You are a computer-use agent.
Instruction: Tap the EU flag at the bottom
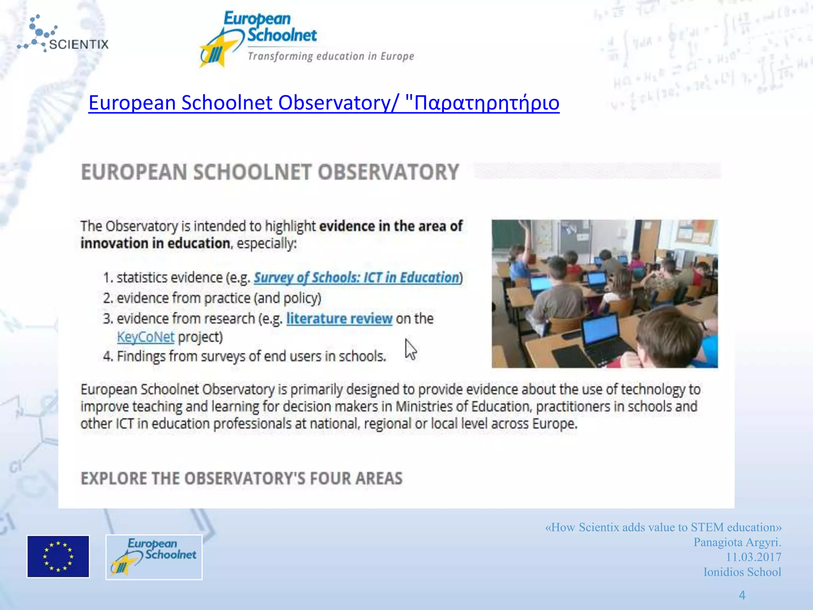click(58, 556)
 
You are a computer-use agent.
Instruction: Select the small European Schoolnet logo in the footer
click(154, 557)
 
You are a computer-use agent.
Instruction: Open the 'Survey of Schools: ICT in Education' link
click(356, 278)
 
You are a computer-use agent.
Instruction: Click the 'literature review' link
click(339, 319)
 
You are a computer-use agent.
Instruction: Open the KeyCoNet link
click(146, 337)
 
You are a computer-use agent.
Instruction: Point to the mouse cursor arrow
click(410, 350)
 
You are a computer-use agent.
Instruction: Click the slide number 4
click(742, 595)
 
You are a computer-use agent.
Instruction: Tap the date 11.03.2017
click(753, 557)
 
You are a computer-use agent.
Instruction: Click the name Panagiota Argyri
click(737, 542)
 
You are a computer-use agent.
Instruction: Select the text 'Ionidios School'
click(742, 572)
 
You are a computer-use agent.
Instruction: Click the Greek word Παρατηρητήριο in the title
click(486, 103)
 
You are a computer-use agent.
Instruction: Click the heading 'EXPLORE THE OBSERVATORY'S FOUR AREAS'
click(241, 479)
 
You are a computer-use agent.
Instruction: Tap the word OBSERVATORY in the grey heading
click(388, 172)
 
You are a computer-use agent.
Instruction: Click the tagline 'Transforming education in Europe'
click(331, 56)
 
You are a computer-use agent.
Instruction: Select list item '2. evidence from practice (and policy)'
click(212, 298)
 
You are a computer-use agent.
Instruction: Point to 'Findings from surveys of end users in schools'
click(251, 356)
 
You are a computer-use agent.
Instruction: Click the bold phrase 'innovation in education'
click(155, 243)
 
